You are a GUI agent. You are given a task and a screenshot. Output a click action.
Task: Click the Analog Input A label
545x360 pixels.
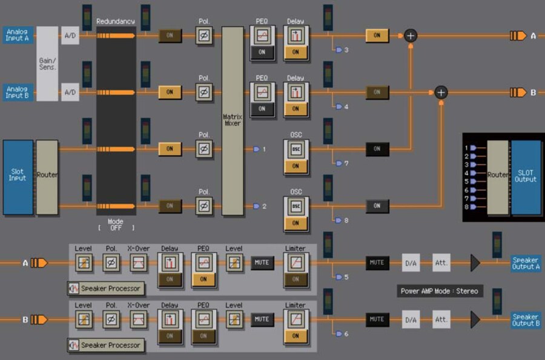18,35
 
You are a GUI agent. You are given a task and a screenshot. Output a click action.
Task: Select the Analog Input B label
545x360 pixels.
18,92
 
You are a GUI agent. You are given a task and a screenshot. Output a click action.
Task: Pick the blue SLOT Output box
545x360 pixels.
526,176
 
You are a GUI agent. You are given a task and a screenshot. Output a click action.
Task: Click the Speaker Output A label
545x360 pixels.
526,262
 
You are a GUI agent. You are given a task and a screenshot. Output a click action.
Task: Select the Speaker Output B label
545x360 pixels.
526,319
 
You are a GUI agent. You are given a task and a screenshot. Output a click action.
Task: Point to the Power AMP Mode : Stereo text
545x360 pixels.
440,291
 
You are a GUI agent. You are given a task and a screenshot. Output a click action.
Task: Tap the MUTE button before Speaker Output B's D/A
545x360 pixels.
377,319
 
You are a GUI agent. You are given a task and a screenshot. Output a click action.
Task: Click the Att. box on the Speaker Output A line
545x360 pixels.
441,262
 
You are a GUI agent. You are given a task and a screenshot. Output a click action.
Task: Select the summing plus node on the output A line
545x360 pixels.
411,35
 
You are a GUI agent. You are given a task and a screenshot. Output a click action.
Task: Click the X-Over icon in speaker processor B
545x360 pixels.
138,319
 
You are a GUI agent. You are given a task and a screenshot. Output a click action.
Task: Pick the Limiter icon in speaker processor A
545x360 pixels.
296,262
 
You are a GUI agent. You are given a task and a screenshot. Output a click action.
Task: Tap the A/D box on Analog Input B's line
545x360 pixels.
70,92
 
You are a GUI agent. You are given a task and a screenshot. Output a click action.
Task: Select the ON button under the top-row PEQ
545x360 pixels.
262,52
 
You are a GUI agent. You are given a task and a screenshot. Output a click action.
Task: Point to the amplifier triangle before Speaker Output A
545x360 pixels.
475,262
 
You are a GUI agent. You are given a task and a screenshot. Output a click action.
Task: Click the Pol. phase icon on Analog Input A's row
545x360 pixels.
204,36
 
